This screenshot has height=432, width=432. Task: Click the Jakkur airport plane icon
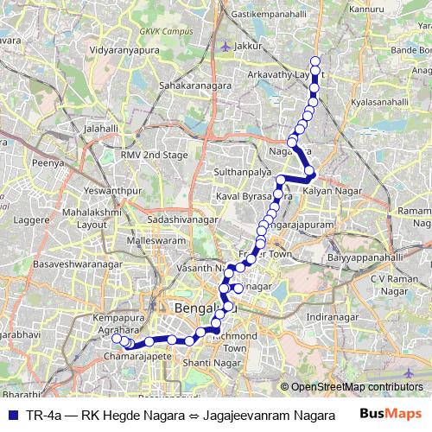click(226, 47)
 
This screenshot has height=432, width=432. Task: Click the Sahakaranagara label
click(198, 87)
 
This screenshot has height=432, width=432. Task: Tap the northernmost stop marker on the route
click(315, 61)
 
